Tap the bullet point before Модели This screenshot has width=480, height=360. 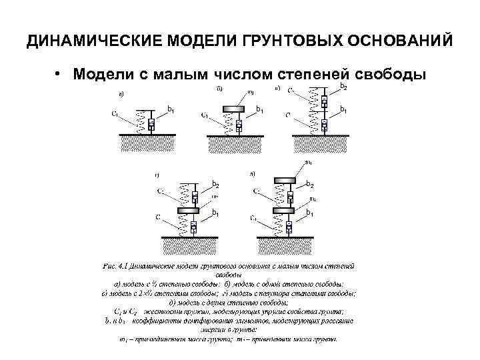(x=59, y=73)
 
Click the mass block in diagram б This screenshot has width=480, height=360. (x=237, y=107)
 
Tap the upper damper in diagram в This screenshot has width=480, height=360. (x=324, y=101)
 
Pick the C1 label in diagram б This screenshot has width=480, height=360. (x=205, y=115)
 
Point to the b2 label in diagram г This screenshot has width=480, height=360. (x=215, y=184)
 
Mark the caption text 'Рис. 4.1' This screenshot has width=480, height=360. (x=117, y=265)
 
